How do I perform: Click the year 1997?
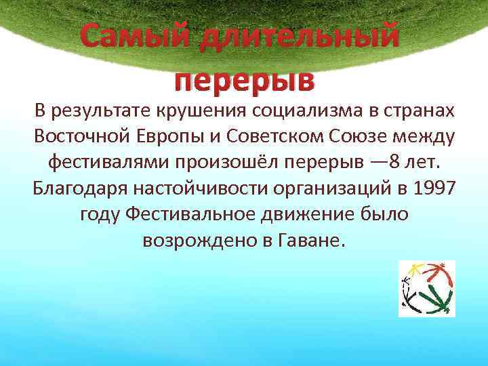[432, 187]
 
